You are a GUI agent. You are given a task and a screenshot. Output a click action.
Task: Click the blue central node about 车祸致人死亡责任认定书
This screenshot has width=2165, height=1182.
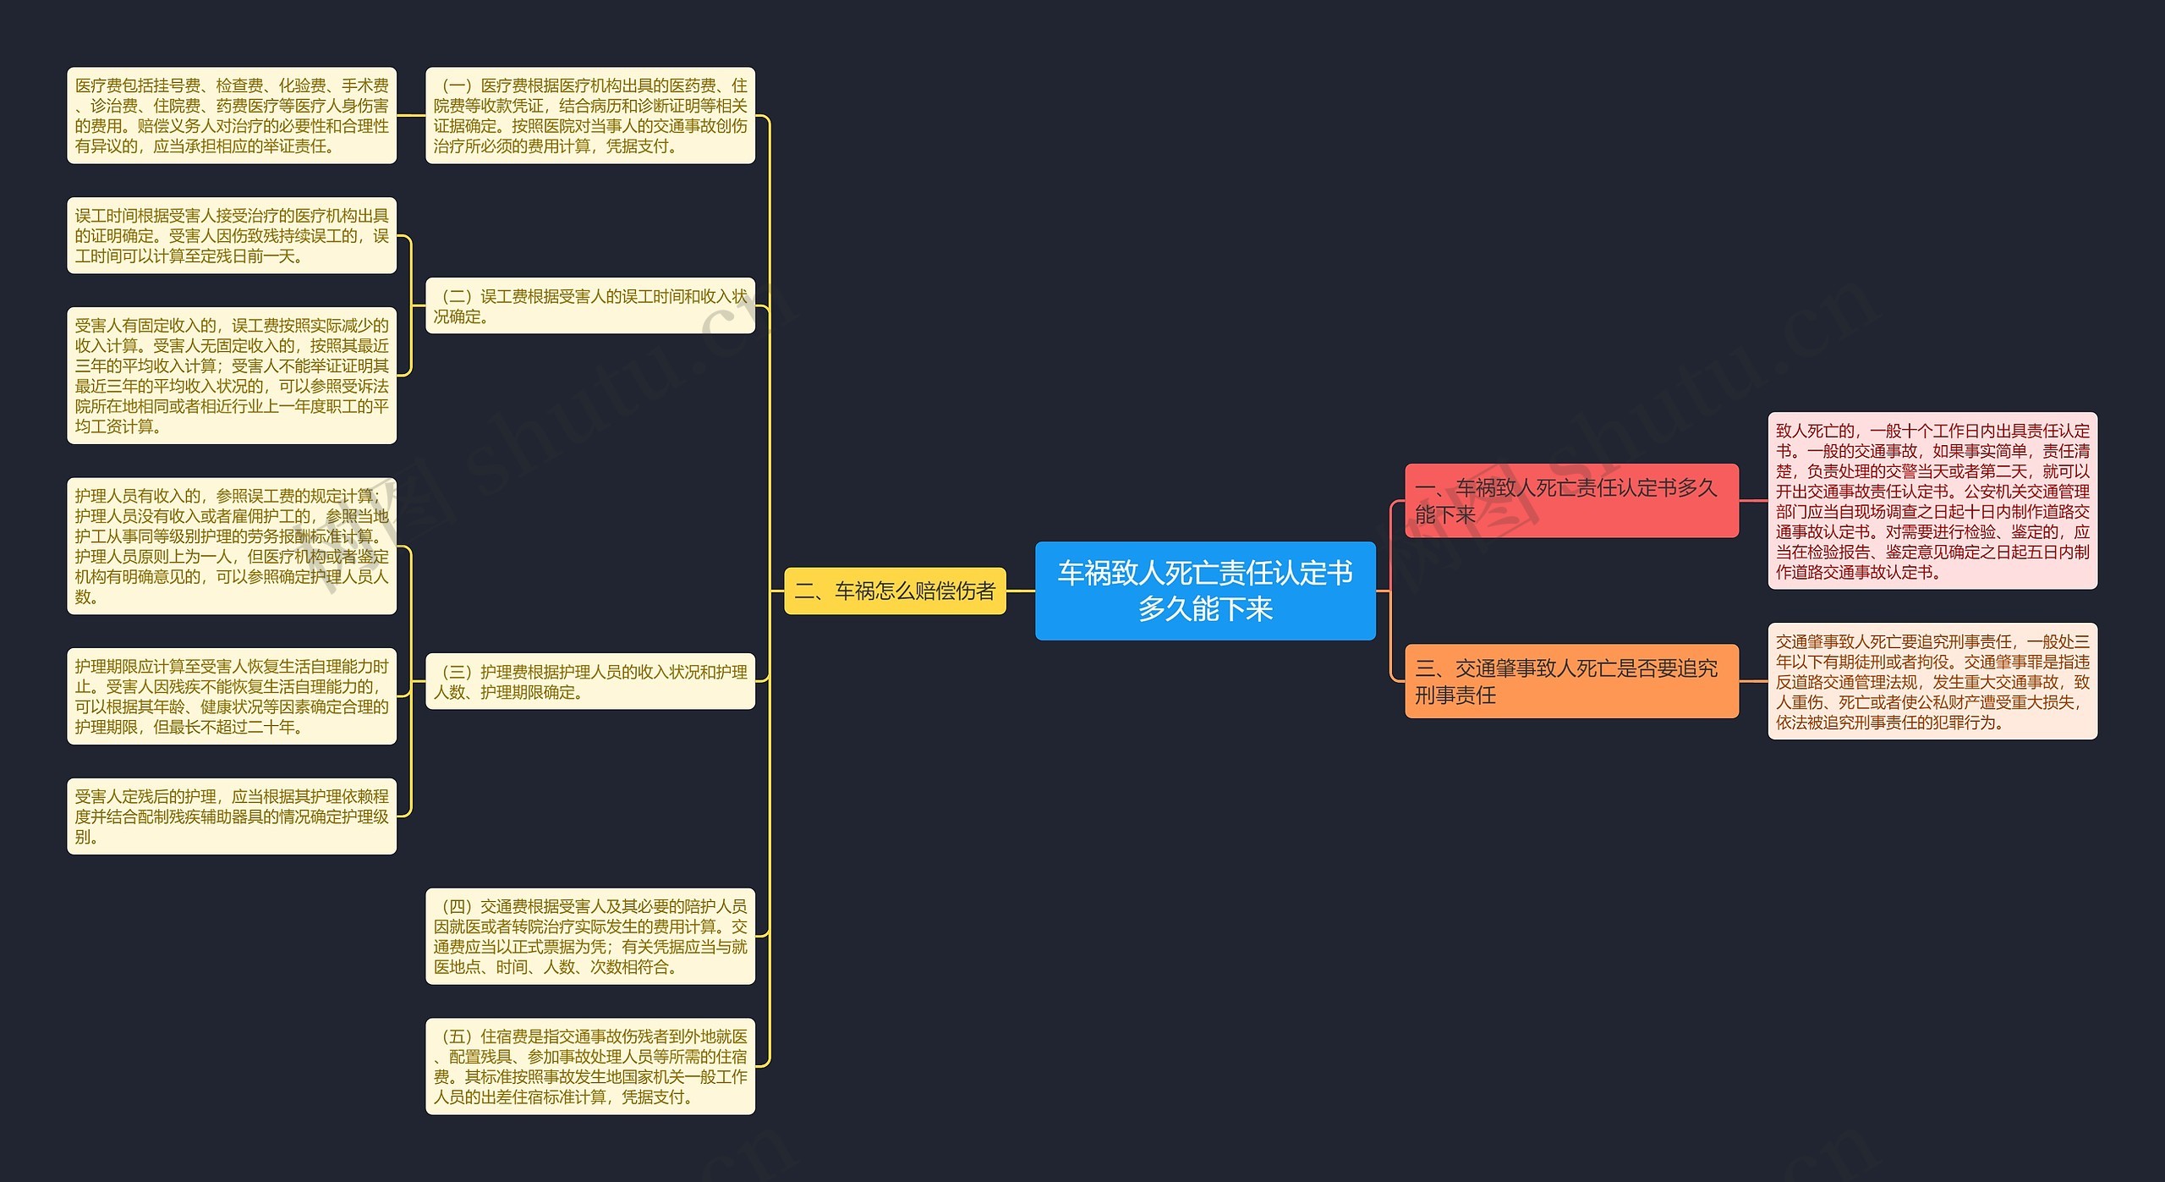(x=1205, y=591)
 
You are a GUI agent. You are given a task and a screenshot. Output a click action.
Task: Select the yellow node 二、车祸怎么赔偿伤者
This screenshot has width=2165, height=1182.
(x=895, y=591)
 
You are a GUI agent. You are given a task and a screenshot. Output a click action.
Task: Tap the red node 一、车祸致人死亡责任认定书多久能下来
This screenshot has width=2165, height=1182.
(x=1571, y=501)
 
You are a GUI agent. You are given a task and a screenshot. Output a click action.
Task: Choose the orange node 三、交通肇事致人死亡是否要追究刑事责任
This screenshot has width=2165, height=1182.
(x=1571, y=681)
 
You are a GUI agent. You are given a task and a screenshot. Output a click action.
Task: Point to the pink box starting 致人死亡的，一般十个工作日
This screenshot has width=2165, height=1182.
(x=1932, y=501)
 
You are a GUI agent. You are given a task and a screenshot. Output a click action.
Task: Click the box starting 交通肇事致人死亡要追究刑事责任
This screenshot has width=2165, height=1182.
(x=1932, y=681)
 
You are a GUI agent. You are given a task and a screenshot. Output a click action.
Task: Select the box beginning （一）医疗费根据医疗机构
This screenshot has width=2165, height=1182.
(x=590, y=115)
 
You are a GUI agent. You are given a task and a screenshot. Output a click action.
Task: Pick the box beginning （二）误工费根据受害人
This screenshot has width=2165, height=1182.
(x=590, y=305)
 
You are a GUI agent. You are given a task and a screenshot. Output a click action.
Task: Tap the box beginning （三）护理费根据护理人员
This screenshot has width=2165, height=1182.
(x=590, y=681)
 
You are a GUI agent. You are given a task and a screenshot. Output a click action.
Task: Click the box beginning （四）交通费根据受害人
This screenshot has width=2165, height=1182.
(x=590, y=936)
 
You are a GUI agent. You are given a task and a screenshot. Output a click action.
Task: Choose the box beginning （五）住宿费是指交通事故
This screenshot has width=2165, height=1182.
(x=590, y=1066)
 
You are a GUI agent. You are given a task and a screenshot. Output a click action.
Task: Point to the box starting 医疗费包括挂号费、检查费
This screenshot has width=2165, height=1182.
(x=232, y=115)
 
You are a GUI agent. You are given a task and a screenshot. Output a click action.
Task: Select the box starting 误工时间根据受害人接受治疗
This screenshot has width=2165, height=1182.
(x=232, y=235)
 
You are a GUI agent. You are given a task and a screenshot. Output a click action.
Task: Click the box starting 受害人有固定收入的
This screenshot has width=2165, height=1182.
(x=232, y=376)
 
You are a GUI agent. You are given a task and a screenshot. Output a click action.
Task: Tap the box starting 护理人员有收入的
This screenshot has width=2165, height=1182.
(x=232, y=546)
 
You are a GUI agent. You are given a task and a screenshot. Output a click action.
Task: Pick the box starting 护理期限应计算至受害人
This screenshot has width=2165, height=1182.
(x=232, y=696)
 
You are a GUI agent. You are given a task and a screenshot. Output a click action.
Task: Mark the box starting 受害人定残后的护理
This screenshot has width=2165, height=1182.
(x=232, y=816)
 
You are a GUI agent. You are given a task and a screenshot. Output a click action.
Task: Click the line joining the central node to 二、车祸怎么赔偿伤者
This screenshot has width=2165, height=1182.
(x=1021, y=591)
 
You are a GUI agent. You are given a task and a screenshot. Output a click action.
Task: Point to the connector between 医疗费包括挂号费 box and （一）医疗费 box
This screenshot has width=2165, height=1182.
(x=411, y=115)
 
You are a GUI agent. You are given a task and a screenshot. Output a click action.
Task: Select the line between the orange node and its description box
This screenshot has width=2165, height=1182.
(x=1753, y=681)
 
